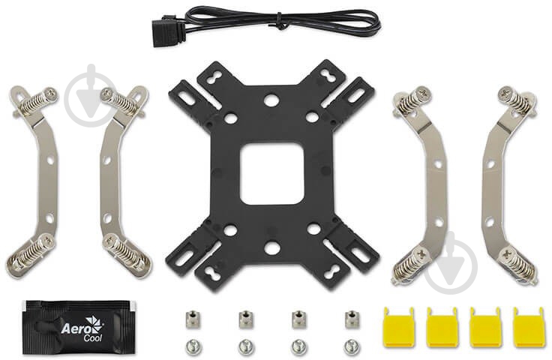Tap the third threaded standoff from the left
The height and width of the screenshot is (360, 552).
click(298, 319)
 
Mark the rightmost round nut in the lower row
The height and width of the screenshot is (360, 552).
click(352, 346)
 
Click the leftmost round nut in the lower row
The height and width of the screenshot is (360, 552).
click(190, 346)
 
